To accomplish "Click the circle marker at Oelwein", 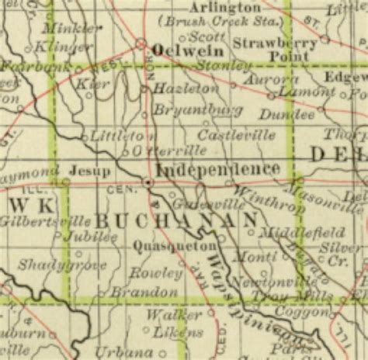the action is pos(142,43).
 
